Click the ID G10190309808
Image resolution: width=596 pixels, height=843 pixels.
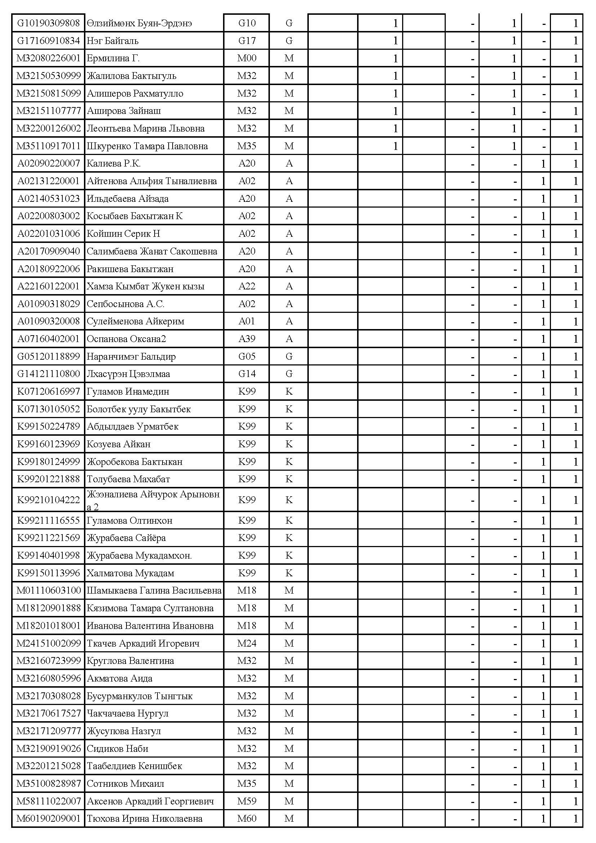coord(48,23)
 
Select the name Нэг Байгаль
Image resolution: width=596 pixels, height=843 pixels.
coord(112,41)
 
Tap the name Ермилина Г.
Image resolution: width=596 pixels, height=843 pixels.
coord(113,58)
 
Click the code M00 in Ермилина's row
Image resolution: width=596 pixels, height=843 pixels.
coord(246,58)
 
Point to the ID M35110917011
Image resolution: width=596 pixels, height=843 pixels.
coord(48,146)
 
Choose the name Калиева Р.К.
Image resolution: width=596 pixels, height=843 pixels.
coord(114,163)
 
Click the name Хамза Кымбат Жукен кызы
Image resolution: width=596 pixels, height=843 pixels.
coord(145,287)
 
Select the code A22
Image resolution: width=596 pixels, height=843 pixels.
coord(246,287)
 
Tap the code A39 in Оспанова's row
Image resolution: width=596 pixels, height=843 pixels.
coord(246,339)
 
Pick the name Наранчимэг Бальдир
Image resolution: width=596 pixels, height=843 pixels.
coord(131,356)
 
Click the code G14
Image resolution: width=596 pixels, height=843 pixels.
coord(246,374)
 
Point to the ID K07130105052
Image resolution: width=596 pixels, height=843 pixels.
coord(48,409)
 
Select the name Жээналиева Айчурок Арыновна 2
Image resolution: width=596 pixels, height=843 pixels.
coord(153,500)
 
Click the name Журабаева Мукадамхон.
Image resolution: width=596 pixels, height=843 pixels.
coord(139,555)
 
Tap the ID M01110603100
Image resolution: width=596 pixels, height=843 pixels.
coord(48,590)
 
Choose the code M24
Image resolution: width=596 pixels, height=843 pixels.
coord(246,643)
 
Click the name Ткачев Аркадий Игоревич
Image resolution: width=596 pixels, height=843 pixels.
coord(143,643)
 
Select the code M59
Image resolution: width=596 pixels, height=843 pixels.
coord(246,801)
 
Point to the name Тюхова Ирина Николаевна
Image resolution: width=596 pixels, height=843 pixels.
coord(144,819)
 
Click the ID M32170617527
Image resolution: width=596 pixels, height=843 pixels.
coord(48,713)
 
